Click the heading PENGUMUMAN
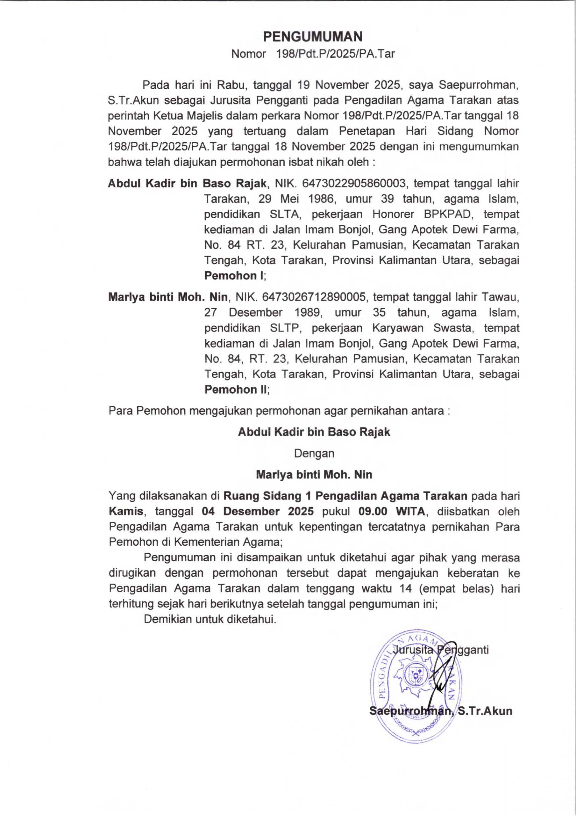pos(312,37)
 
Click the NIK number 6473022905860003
pos(354,183)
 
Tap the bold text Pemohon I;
pos(235,275)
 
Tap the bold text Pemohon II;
pos(237,390)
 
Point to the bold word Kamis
pos(126,511)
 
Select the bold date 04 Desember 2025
pos(258,511)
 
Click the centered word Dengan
pos(314,454)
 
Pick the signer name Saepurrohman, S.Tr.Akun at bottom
pos(441,711)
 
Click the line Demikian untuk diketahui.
pos(210,619)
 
